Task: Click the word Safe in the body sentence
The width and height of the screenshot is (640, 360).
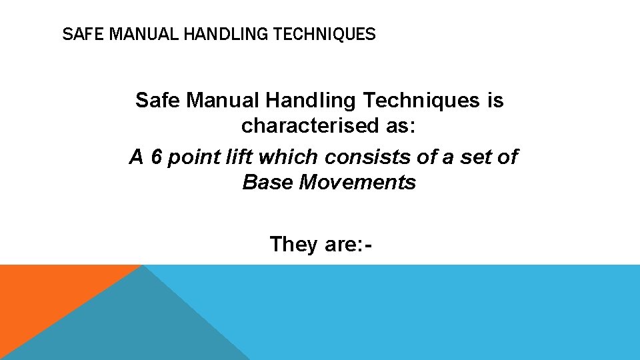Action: [x=159, y=101]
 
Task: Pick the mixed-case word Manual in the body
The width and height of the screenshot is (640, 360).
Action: [x=223, y=101]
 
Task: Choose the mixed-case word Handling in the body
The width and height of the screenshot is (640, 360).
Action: [x=311, y=101]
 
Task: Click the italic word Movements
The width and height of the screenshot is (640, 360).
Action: [x=366, y=182]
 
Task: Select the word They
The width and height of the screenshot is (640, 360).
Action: [x=294, y=244]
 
